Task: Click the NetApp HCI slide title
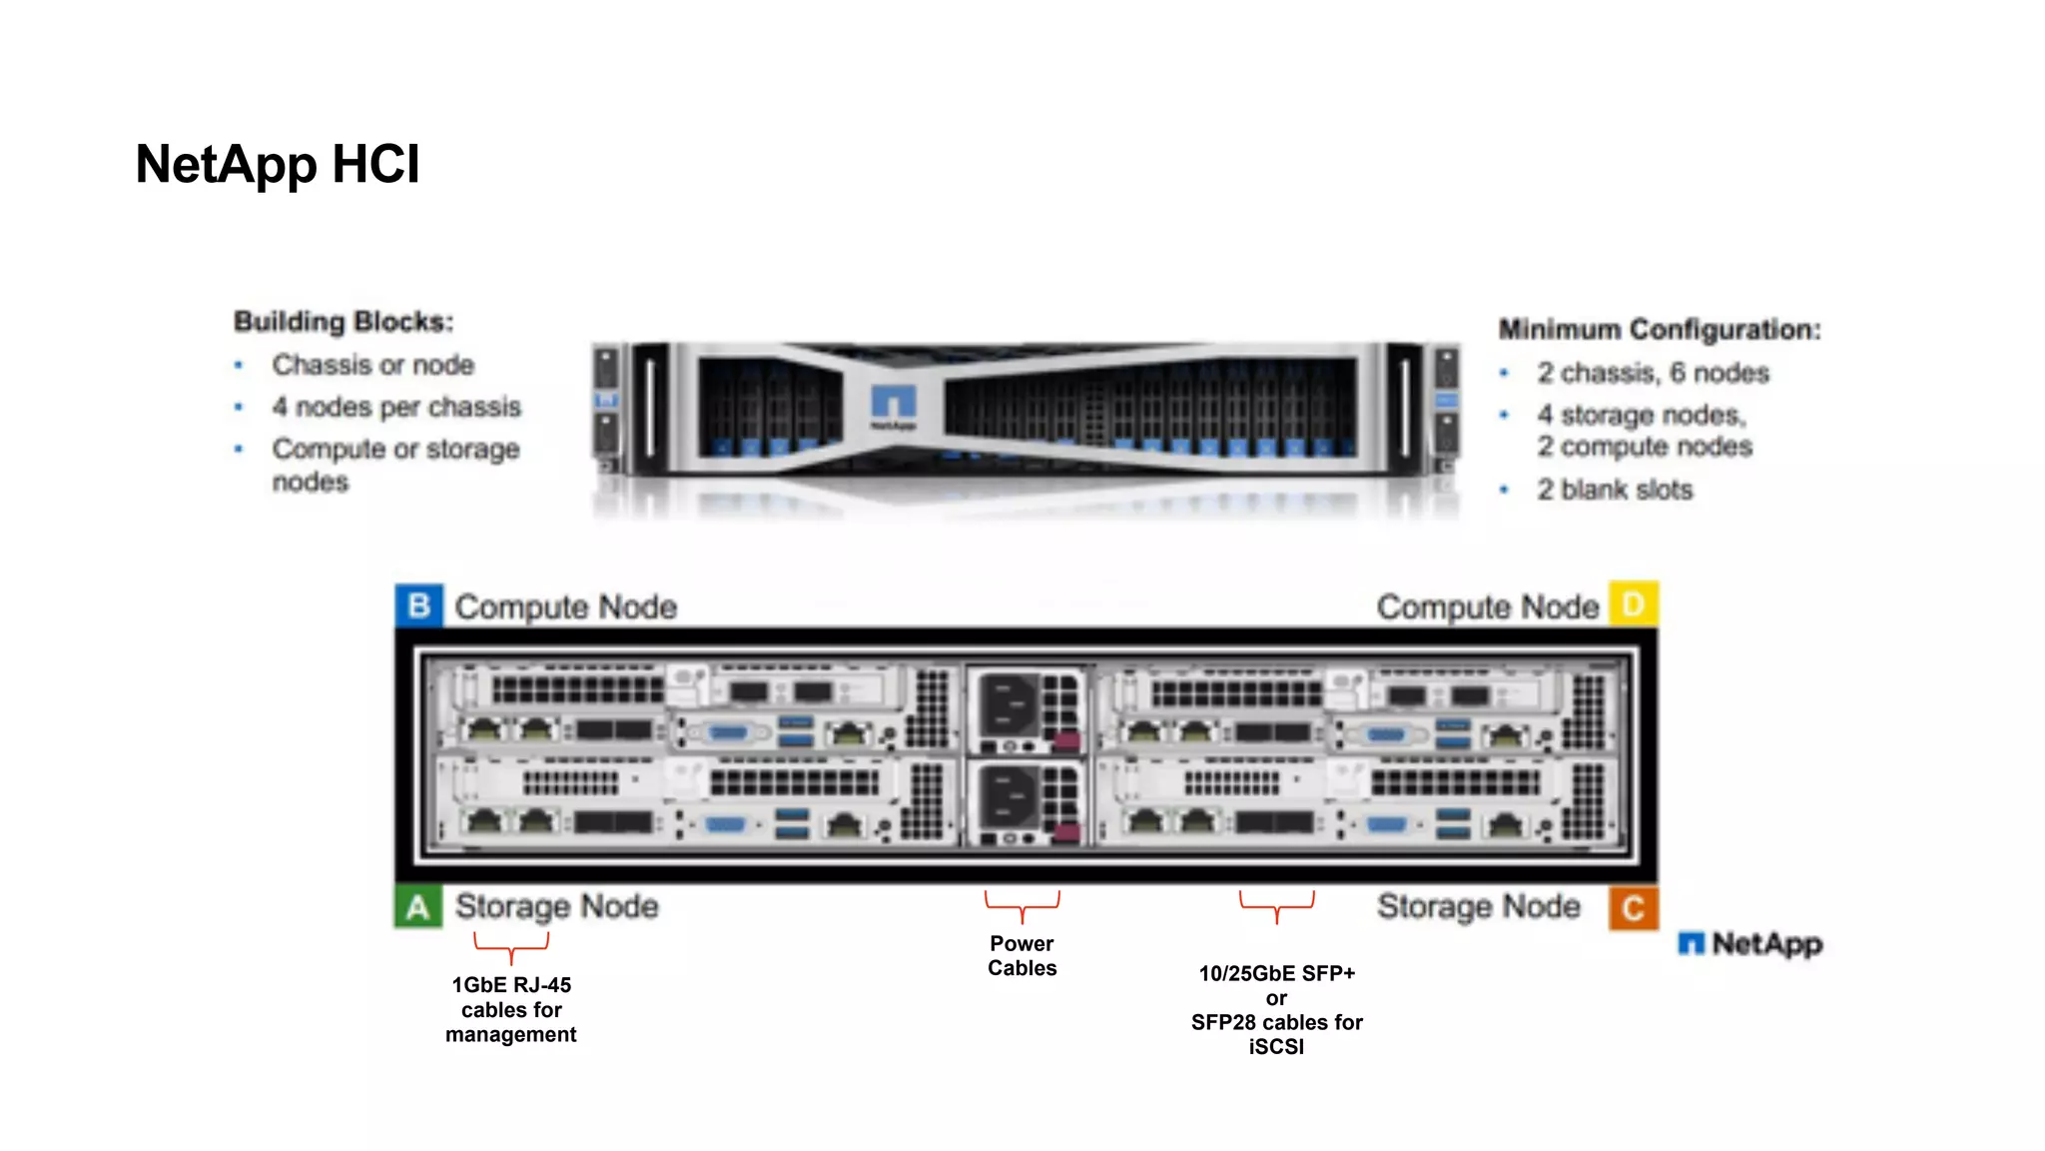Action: (x=278, y=165)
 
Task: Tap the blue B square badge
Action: (x=419, y=605)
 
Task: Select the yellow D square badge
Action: (x=1634, y=604)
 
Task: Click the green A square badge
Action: (x=418, y=907)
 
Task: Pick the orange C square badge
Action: (x=1634, y=907)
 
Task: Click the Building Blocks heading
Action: (x=343, y=322)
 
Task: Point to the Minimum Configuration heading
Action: (x=1660, y=330)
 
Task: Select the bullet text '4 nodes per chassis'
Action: (x=396, y=408)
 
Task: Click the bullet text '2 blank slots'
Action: (x=1615, y=490)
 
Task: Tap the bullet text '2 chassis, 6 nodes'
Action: (x=1653, y=373)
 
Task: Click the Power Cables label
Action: (x=1022, y=955)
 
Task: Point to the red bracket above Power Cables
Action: (x=1022, y=905)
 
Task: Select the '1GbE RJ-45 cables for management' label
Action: (x=511, y=1009)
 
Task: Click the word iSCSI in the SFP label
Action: (x=1276, y=1047)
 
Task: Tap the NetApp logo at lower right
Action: (x=1750, y=943)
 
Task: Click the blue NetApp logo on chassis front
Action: (x=893, y=405)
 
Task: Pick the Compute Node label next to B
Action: (x=565, y=606)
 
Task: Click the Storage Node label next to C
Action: (x=1479, y=906)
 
